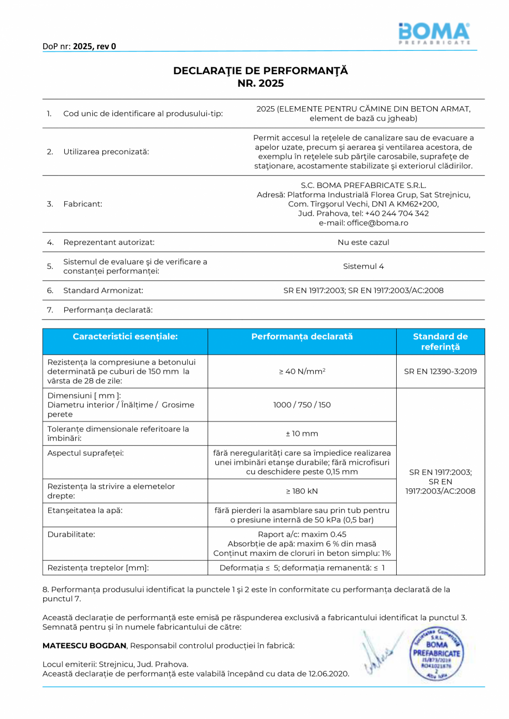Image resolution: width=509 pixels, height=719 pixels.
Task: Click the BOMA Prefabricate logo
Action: pyautogui.click(x=434, y=34)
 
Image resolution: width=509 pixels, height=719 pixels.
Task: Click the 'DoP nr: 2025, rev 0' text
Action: pyautogui.click(x=79, y=46)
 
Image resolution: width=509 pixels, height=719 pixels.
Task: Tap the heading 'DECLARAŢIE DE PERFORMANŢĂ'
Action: pyautogui.click(x=261, y=71)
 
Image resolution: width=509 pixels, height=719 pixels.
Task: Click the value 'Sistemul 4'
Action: pyautogui.click(x=363, y=266)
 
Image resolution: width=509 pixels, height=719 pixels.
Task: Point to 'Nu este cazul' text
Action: pyautogui.click(x=363, y=242)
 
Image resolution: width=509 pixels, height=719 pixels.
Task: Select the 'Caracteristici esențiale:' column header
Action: pyautogui.click(x=125, y=336)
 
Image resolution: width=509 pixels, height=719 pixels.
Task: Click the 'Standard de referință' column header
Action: pyautogui.click(x=440, y=341)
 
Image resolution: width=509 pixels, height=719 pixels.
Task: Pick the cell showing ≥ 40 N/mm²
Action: pyautogui.click(x=302, y=371)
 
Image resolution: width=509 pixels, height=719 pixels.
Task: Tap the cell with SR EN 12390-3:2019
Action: pyautogui.click(x=440, y=371)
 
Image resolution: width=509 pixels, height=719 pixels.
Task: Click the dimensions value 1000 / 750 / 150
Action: pyautogui.click(x=302, y=405)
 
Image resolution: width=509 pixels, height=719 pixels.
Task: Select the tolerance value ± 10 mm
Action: pyautogui.click(x=302, y=434)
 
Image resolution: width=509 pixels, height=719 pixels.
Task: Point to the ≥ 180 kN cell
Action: pyautogui.click(x=302, y=491)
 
